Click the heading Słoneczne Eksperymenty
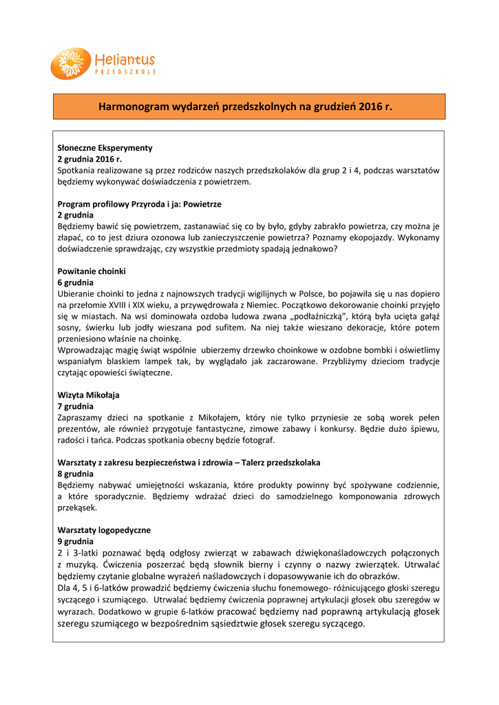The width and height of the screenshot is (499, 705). (x=105, y=147)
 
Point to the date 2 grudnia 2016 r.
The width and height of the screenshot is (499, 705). (x=89, y=158)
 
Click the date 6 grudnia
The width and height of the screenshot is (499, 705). (x=76, y=282)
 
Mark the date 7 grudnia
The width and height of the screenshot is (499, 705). (x=76, y=406)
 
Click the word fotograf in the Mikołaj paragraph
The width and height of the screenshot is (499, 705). (x=257, y=440)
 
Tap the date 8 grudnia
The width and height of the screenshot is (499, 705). (x=76, y=474)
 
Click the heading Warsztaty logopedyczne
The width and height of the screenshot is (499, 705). (x=104, y=530)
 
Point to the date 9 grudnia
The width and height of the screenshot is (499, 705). (x=76, y=541)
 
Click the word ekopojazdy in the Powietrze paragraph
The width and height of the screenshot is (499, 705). (x=364, y=238)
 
